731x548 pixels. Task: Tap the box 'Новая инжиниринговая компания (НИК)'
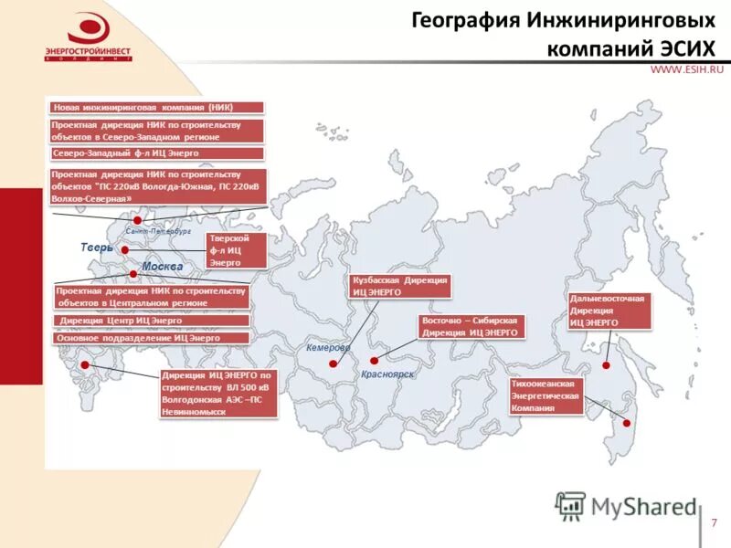coord(155,107)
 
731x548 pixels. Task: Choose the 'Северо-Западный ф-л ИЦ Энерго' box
coord(155,153)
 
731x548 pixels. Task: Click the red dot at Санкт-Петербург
coord(137,220)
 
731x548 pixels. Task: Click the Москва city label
coord(162,266)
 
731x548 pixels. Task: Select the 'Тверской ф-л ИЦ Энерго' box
coord(237,250)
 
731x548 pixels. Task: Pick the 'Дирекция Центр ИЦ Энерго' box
coord(152,321)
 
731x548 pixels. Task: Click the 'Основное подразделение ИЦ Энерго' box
coord(152,338)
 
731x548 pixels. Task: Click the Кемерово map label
coord(328,348)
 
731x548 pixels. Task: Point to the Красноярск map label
coord(387,374)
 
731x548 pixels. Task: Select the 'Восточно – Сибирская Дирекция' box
coord(471,327)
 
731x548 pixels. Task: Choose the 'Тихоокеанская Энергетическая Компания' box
coord(546,396)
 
